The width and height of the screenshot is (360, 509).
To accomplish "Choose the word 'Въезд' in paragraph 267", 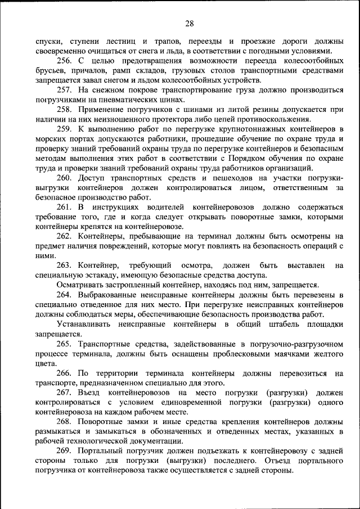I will (x=91, y=393).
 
